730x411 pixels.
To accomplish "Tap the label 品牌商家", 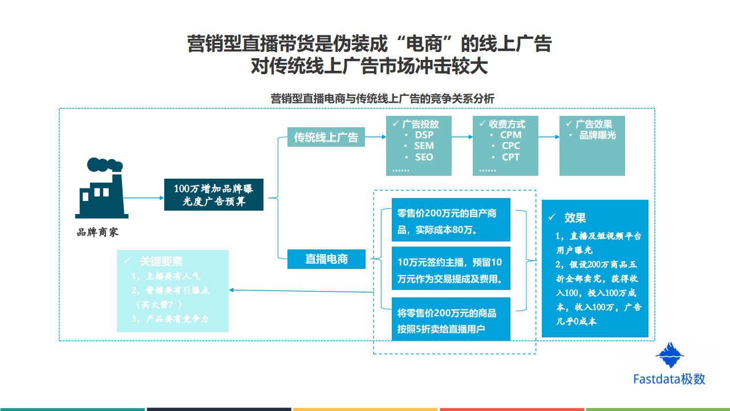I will tap(98, 233).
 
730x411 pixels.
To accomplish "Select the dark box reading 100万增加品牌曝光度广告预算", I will tap(214, 194).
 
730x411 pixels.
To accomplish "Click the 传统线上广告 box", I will tap(326, 137).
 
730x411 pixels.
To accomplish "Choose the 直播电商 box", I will tap(326, 259).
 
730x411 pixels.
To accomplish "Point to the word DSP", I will tap(424, 135).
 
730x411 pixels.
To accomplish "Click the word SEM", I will tap(424, 146).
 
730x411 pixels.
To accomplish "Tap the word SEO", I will tap(424, 157).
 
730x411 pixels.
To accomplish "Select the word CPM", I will tap(510, 135).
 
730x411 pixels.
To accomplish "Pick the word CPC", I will tap(510, 146).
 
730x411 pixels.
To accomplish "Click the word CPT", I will tap(510, 157).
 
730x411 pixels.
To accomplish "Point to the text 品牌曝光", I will tap(598, 135).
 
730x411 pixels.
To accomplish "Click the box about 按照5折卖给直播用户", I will tap(451, 320).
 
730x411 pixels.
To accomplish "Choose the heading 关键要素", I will tap(161, 261).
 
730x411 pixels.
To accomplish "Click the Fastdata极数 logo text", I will tap(669, 379).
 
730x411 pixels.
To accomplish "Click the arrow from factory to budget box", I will tap(143, 198).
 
